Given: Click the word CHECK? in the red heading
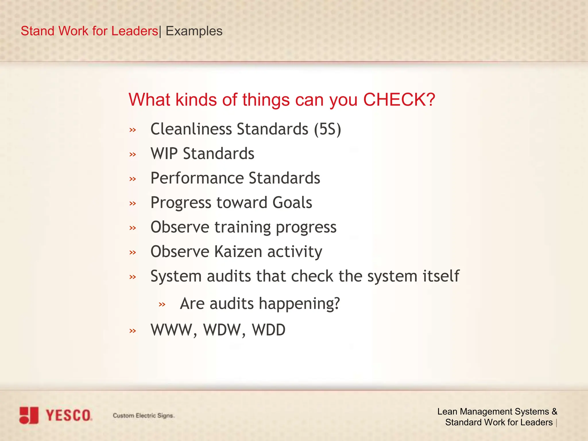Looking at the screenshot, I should [x=399, y=100].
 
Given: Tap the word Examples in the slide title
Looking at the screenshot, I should [x=194, y=31].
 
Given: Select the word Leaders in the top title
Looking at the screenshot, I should [x=134, y=31].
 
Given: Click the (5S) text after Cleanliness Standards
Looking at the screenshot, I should [x=327, y=129].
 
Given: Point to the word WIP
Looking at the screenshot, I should [x=164, y=154].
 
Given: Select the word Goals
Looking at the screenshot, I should [x=292, y=202].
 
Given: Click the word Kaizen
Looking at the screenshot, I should [x=238, y=252].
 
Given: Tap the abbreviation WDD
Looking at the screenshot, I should [x=269, y=330].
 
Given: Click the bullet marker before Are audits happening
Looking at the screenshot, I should [x=162, y=304].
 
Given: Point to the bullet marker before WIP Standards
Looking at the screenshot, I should [x=133, y=154].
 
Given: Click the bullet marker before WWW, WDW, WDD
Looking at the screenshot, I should [x=133, y=331].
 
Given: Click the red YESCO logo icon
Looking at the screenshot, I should [x=29, y=415].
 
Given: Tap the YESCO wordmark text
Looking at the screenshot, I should [x=69, y=415].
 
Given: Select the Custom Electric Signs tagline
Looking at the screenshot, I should [x=143, y=415].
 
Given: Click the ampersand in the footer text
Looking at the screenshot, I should [x=554, y=411].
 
